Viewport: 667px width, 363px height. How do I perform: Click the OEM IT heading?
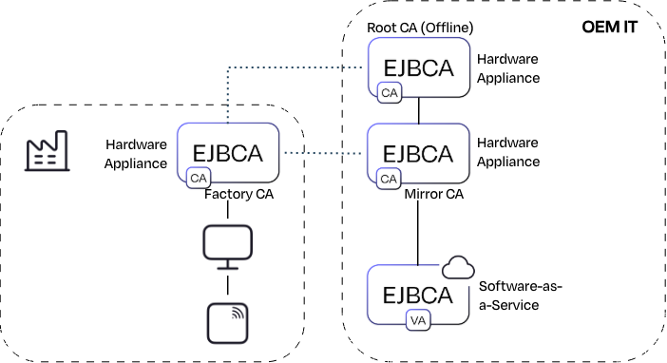(x=609, y=28)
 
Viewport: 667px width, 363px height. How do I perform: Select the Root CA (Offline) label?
(x=420, y=28)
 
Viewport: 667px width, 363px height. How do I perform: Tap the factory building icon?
(x=47, y=151)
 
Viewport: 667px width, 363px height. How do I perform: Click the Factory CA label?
(x=238, y=194)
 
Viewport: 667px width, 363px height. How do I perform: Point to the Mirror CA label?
(x=433, y=194)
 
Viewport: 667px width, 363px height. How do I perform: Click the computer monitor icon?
(x=228, y=247)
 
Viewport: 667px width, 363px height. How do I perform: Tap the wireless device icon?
(x=228, y=323)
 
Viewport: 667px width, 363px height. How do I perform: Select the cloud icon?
(x=458, y=267)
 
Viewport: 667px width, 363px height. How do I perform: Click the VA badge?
(x=418, y=320)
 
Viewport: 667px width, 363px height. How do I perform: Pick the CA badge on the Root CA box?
(x=390, y=93)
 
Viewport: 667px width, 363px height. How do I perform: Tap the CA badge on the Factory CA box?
(x=199, y=178)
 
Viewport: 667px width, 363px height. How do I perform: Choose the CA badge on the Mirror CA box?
(x=389, y=179)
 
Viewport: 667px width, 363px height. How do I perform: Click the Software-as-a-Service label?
(x=521, y=296)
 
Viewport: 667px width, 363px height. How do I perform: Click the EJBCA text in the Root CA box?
(x=419, y=68)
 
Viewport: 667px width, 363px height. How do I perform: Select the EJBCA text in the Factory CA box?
(x=228, y=153)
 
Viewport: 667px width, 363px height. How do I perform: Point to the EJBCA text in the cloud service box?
(x=418, y=296)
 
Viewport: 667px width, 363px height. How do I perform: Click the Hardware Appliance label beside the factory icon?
(x=136, y=154)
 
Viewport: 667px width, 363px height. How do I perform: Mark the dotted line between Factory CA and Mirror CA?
(x=323, y=153)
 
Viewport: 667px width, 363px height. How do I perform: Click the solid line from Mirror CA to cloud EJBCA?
(x=418, y=233)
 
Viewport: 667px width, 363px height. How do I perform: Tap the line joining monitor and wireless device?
(x=228, y=285)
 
